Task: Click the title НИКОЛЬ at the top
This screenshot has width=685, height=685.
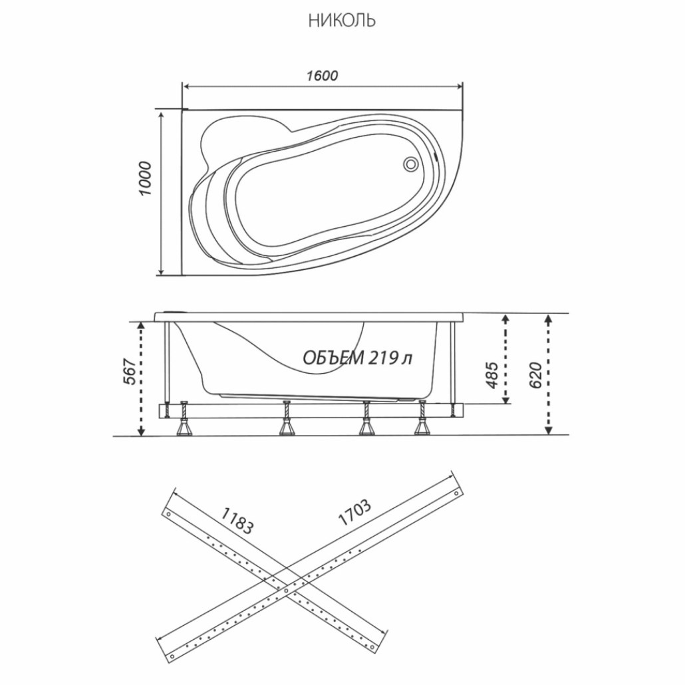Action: [x=342, y=21]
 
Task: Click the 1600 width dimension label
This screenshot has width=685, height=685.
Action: [x=322, y=76]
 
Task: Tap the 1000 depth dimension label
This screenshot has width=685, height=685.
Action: [x=146, y=178]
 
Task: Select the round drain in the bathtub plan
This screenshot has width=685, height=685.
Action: [x=410, y=164]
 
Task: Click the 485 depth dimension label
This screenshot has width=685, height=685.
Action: [x=491, y=375]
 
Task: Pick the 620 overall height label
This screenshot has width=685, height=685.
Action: [x=535, y=375]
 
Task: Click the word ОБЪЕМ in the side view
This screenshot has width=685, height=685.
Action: [x=333, y=358]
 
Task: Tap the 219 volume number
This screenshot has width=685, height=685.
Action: [x=383, y=358]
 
